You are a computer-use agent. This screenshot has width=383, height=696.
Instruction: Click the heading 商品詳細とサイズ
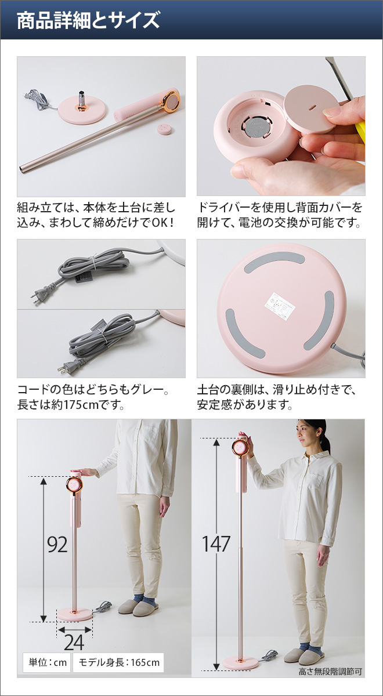pyautogui.click(x=88, y=21)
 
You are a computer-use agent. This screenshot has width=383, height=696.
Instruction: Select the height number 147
pyautogui.click(x=216, y=544)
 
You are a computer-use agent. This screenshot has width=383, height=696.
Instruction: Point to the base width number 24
pyautogui.click(x=74, y=642)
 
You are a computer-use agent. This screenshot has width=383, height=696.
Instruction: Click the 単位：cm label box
pyautogui.click(x=45, y=662)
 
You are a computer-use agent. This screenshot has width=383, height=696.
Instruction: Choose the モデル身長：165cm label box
pyautogui.click(x=118, y=662)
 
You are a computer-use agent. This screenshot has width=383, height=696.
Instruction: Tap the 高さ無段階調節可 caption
pyautogui.click(x=330, y=672)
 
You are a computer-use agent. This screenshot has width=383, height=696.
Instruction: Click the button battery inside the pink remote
pyautogui.click(x=253, y=127)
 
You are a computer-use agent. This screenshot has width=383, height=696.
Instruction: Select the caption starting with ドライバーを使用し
pyautogui.click(x=281, y=215)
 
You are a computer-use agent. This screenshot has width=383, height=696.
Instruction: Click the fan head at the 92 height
pyautogui.click(x=75, y=485)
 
